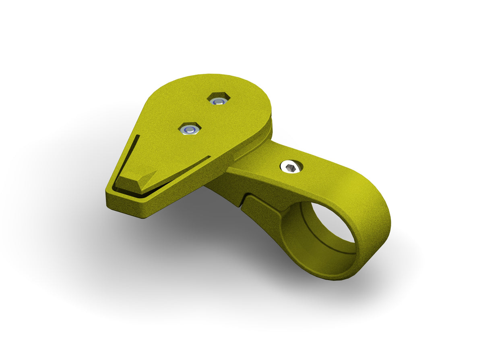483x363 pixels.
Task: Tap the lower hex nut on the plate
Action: click(x=189, y=129)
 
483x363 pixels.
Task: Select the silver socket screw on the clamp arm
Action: click(x=292, y=166)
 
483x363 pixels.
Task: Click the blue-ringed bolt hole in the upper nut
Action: click(x=219, y=101)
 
